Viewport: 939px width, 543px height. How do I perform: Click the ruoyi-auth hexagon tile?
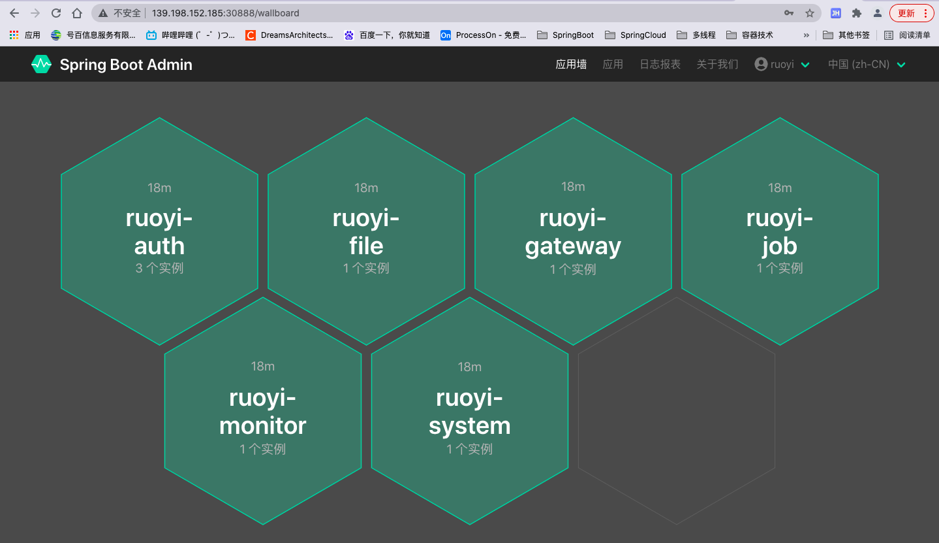(x=159, y=231)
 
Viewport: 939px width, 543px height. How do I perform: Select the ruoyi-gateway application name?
(x=573, y=232)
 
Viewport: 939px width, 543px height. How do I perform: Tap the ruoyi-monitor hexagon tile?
(x=262, y=410)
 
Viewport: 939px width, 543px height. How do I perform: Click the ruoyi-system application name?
(x=470, y=412)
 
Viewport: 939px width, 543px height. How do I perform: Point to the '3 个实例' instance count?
(x=159, y=269)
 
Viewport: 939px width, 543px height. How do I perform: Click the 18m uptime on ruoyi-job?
(x=780, y=188)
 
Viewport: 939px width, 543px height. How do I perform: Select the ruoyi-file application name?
(x=366, y=232)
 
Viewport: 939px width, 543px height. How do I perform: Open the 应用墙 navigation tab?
(x=571, y=64)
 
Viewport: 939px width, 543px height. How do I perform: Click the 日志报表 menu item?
(x=660, y=64)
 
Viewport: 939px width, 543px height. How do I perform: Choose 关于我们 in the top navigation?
(x=717, y=64)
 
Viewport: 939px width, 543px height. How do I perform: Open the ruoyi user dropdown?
(x=782, y=64)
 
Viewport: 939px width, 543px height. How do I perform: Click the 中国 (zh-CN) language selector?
(x=867, y=64)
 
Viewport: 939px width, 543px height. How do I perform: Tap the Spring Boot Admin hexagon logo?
(x=41, y=64)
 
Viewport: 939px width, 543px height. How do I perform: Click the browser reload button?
(x=56, y=13)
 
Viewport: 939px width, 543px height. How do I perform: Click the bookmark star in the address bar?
(x=810, y=13)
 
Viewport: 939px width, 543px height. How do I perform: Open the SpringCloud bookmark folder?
(x=636, y=35)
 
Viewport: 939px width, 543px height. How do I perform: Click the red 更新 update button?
(x=907, y=13)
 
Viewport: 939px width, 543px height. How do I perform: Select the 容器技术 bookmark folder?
(x=750, y=35)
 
